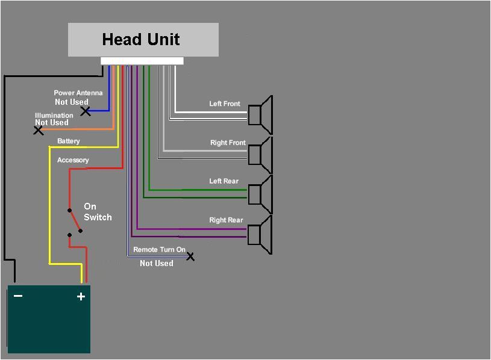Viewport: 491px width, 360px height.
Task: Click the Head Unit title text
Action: [141, 40]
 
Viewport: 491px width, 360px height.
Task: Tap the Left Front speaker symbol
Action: [261, 114]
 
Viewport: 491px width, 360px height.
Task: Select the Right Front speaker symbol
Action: [261, 155]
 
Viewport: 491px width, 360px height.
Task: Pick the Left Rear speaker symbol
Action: [261, 194]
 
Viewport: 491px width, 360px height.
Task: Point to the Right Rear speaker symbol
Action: [261, 234]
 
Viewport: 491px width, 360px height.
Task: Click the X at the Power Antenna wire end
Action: [86, 111]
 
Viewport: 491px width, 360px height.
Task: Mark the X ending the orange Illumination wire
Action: [38, 130]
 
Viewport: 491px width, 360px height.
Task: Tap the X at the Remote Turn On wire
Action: [190, 256]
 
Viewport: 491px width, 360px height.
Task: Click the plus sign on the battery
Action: [81, 296]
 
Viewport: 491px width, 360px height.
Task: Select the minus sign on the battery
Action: [18, 296]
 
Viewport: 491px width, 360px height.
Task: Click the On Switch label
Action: [97, 212]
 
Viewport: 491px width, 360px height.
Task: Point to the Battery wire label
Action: [68, 141]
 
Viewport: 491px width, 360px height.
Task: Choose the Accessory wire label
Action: [73, 160]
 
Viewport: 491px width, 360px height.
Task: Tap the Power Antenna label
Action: [78, 93]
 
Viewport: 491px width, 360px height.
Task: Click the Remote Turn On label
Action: [159, 249]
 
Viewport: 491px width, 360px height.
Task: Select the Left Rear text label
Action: [224, 181]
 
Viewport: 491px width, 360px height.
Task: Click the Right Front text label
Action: [228, 143]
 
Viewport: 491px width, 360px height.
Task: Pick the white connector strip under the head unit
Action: [142, 61]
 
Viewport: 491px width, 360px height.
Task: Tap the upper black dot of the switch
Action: [69, 210]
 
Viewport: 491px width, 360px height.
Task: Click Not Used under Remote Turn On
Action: [156, 263]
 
